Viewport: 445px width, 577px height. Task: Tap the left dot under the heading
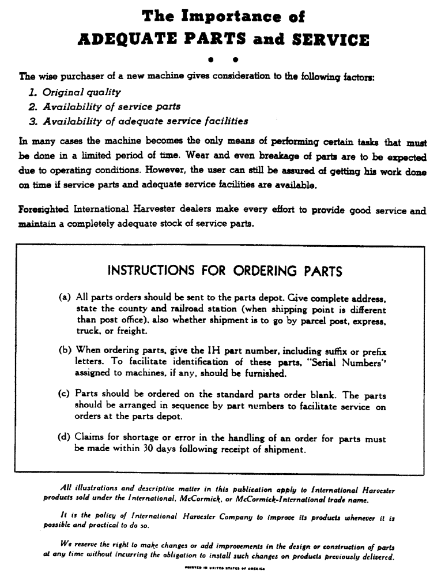[x=211, y=59]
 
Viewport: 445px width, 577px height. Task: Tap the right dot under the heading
[x=235, y=59]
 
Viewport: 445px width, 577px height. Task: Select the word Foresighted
[x=44, y=211]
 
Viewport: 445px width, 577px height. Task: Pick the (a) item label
[x=65, y=298]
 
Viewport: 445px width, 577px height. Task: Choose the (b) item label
[x=65, y=350]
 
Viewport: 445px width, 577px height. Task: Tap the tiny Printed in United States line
[x=221, y=568]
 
